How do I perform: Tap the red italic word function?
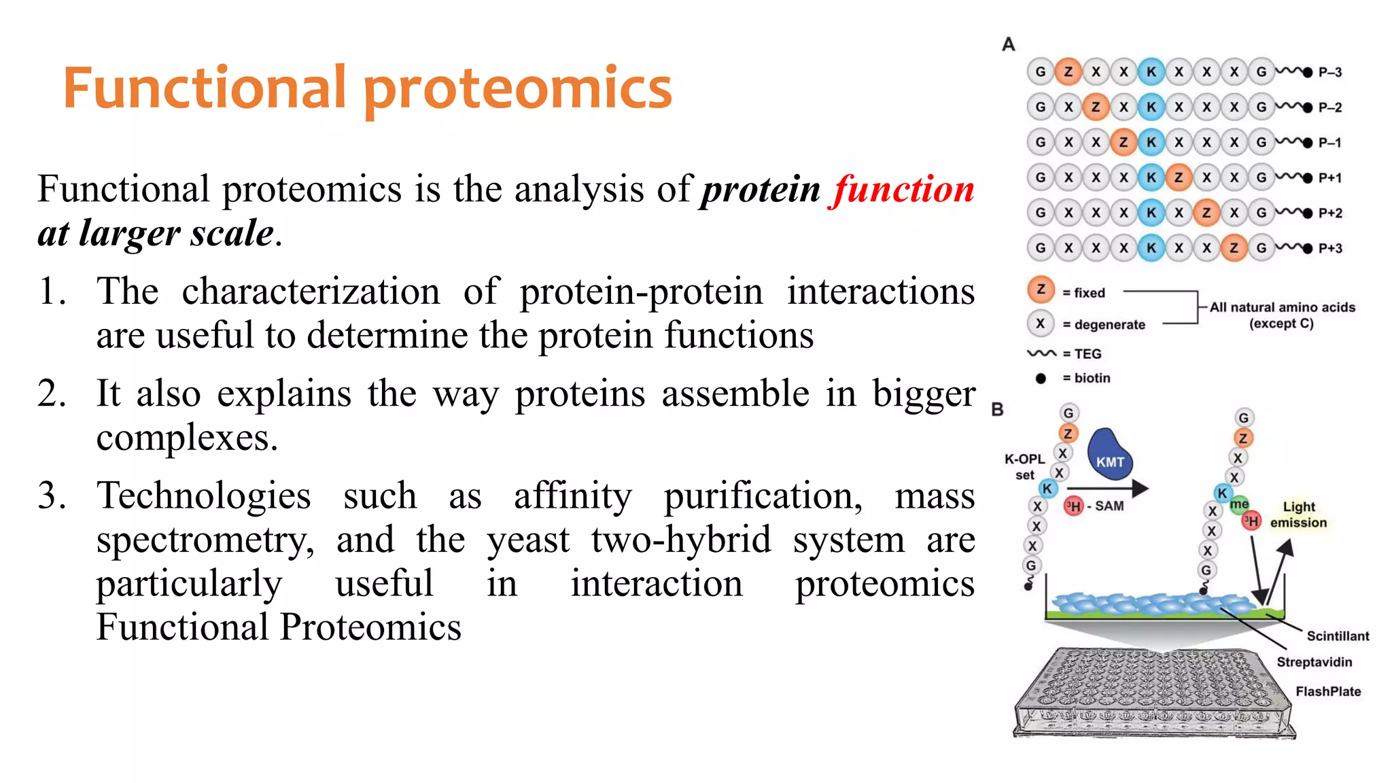(x=904, y=189)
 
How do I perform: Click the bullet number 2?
(x=52, y=394)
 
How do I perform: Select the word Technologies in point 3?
(x=203, y=495)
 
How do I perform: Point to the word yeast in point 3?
(x=527, y=540)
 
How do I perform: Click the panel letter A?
(x=1008, y=45)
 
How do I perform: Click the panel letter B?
(x=997, y=410)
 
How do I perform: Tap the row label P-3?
(x=1329, y=72)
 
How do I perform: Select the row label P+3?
(x=1330, y=249)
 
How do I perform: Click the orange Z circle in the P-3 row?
(x=1068, y=71)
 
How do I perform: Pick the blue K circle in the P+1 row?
(x=1151, y=177)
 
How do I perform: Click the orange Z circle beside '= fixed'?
(x=1040, y=290)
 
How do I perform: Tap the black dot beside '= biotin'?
(x=1040, y=379)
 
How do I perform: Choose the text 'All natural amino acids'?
(x=1282, y=307)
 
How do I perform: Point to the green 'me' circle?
(x=1238, y=504)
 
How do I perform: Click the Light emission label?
(x=1298, y=515)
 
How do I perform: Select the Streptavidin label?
(x=1314, y=662)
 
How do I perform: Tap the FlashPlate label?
(x=1327, y=691)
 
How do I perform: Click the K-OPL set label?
(x=1024, y=467)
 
